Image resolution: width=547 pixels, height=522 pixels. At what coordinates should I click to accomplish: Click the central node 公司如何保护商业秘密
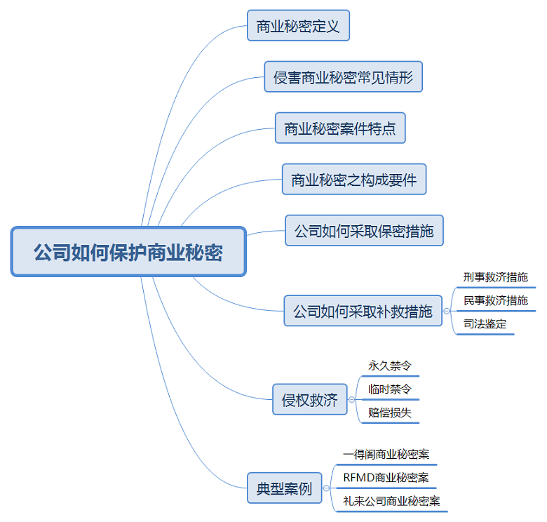(128, 251)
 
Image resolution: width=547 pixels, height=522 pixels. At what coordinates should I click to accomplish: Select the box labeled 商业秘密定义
(298, 27)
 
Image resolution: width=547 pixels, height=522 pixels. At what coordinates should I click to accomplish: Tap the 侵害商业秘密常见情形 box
(343, 76)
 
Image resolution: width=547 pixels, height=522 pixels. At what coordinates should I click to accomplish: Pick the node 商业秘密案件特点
(339, 128)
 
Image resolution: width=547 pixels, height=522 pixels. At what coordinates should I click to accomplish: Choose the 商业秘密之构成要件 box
(353, 180)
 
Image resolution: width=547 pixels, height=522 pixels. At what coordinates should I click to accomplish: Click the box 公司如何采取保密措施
(364, 230)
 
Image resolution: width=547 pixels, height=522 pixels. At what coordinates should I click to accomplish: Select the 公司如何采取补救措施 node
(363, 311)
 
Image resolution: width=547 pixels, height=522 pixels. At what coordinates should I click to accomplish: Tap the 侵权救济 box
(309, 400)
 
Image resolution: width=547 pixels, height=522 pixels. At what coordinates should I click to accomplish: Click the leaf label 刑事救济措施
(495, 277)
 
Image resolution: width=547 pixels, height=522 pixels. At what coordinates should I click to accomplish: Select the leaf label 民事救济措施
(495, 301)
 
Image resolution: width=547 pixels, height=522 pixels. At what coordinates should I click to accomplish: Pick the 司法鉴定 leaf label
(485, 324)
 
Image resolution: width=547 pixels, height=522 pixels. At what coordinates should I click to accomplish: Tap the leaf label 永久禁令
(389, 366)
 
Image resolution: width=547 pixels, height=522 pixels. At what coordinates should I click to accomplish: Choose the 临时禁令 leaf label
(389, 389)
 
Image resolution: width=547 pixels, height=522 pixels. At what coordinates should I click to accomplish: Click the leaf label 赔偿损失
(389, 413)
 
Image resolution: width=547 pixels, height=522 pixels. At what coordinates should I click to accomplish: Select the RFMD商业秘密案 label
(386, 478)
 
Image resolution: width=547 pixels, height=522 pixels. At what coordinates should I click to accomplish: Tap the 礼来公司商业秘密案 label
(391, 501)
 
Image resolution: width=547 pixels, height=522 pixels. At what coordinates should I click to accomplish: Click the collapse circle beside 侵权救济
(351, 400)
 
